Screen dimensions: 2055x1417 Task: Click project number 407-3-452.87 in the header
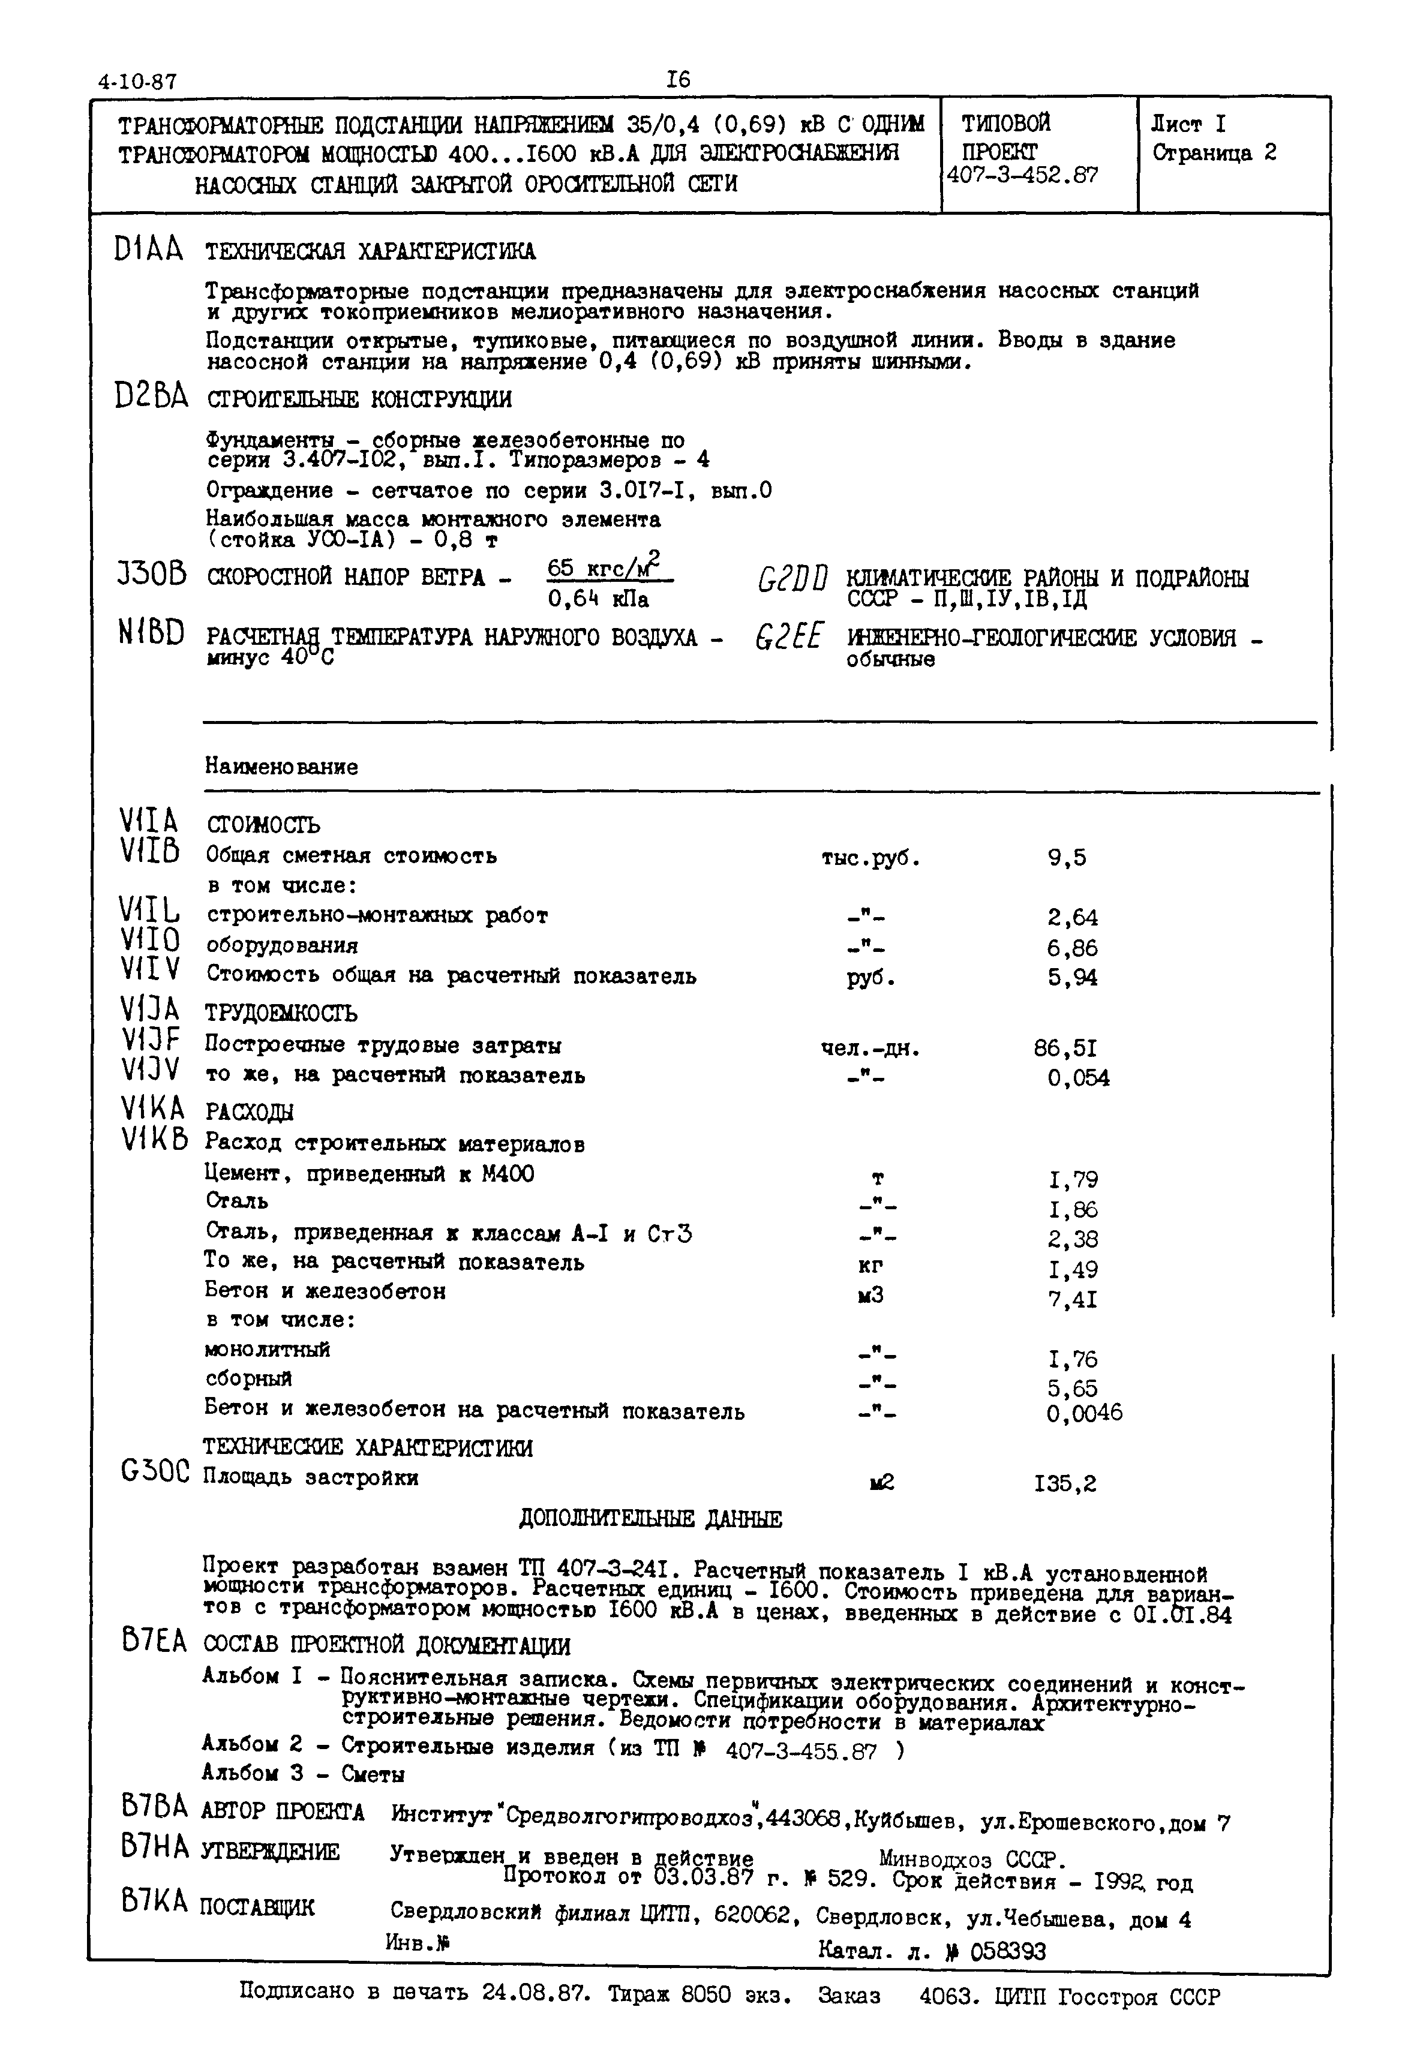[1023, 175]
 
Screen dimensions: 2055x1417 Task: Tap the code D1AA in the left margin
[148, 250]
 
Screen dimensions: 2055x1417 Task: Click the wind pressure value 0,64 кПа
[598, 599]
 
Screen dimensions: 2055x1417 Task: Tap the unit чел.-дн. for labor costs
[870, 1048]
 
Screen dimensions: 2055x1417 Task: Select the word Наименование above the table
[281, 766]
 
